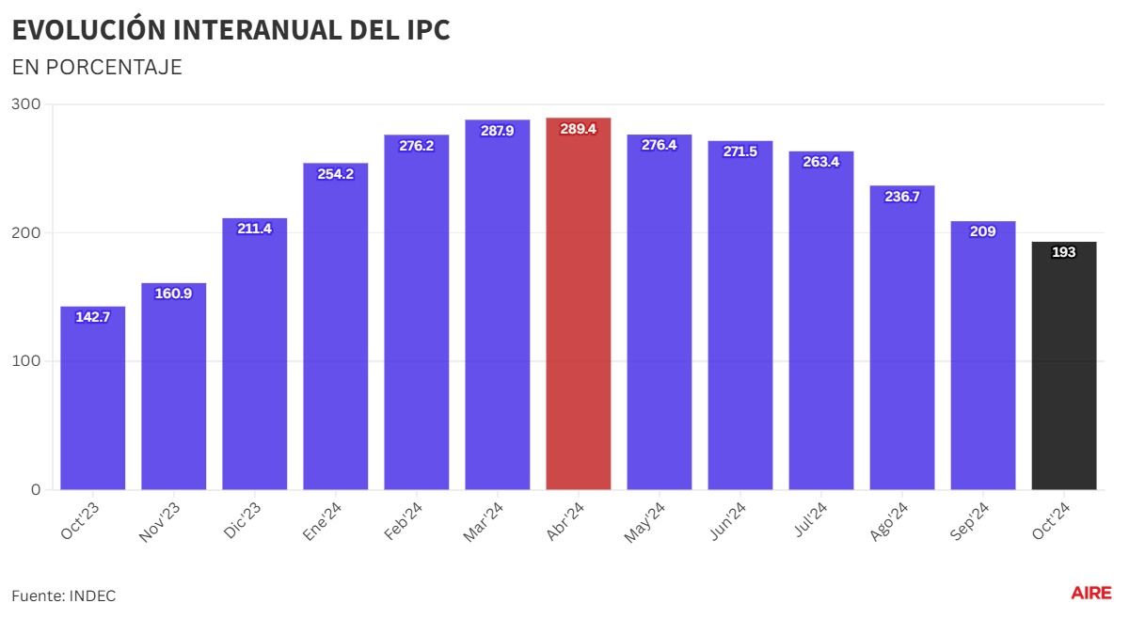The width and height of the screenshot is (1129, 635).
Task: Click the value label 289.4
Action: coord(578,129)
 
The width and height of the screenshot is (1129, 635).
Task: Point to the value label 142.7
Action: coord(92,317)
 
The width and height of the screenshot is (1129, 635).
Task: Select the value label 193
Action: coord(1064,252)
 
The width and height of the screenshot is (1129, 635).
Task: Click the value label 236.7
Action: coord(902,197)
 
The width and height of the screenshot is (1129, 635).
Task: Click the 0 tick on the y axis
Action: coord(36,489)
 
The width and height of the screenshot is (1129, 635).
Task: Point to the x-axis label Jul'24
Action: coord(809,520)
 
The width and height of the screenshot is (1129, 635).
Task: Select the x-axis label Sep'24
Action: coord(970,522)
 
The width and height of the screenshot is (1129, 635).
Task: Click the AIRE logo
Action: coord(1090,593)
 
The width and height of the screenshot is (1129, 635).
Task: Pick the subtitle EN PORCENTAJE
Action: coord(97,68)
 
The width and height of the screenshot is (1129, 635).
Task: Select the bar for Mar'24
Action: coord(497,310)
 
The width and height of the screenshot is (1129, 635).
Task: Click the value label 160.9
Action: coord(173,294)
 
